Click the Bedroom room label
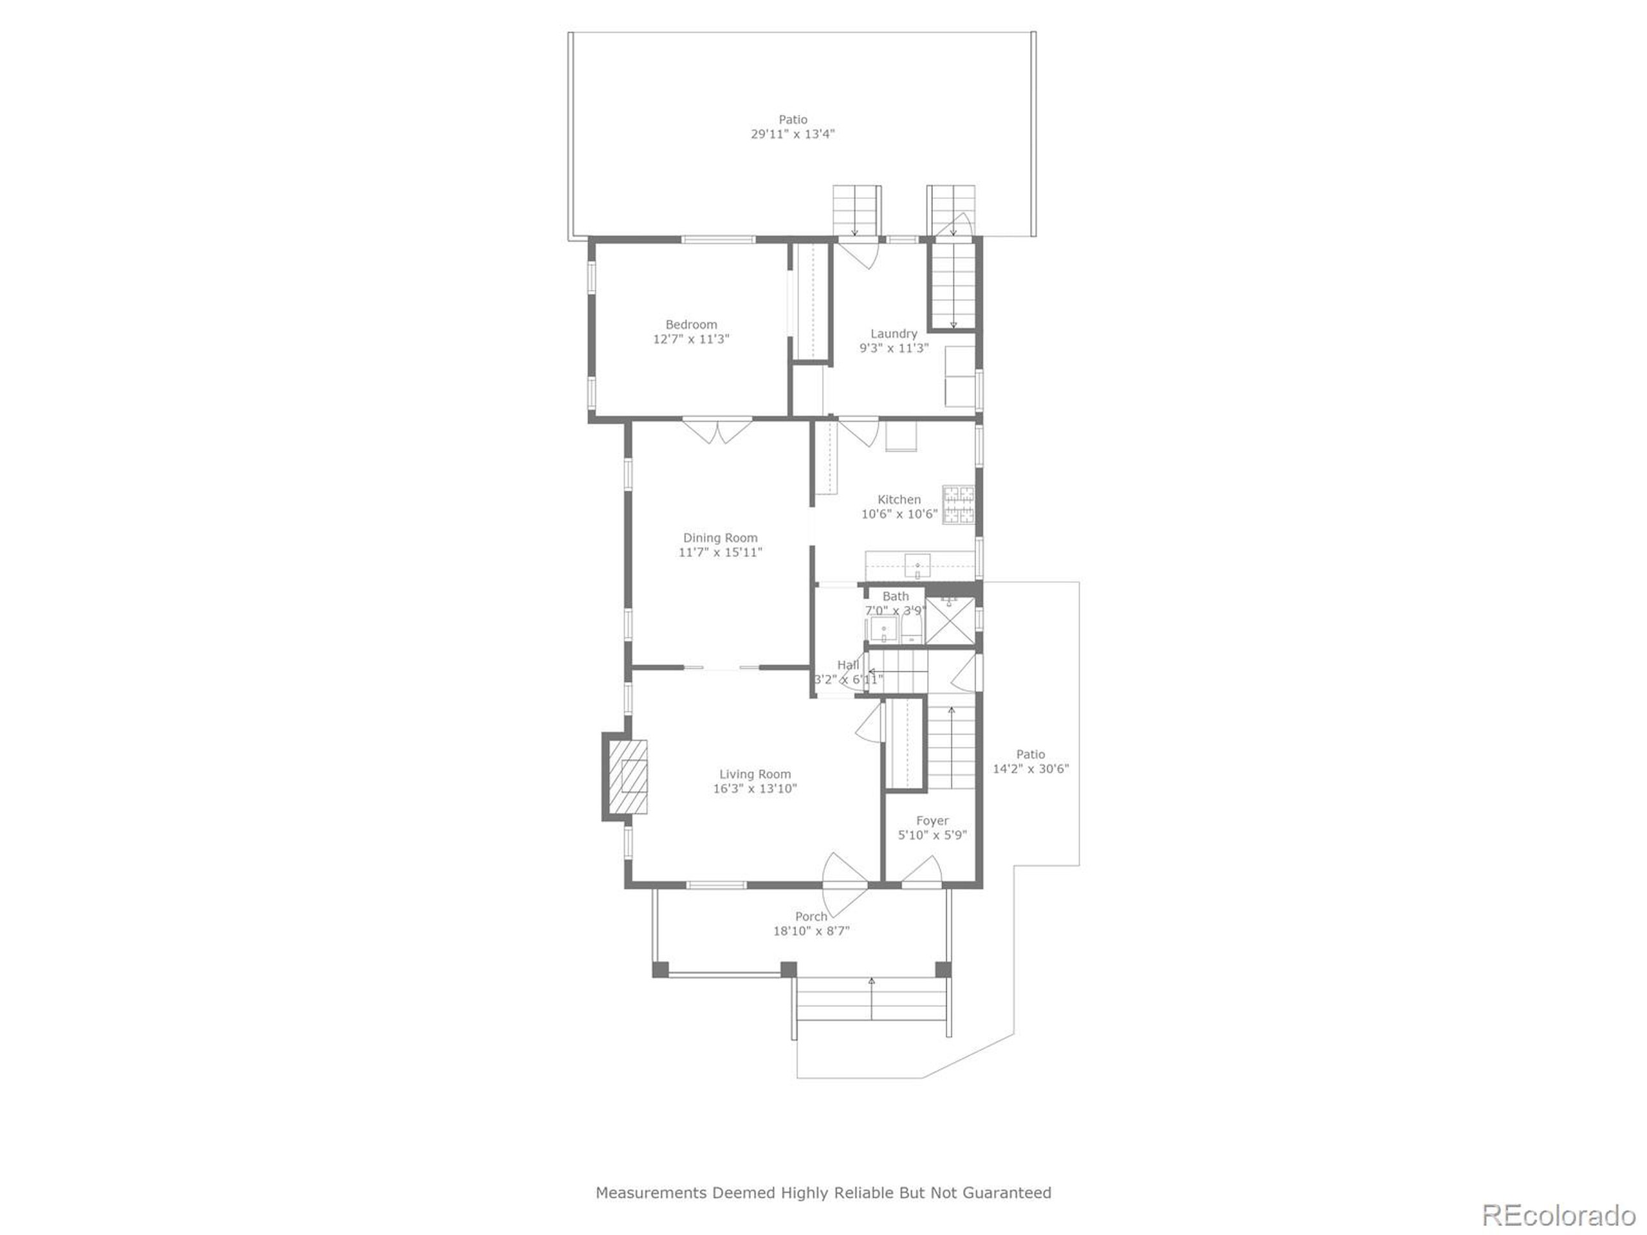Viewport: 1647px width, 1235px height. [691, 325]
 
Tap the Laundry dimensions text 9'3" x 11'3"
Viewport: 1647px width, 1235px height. [894, 347]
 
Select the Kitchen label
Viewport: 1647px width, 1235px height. [899, 500]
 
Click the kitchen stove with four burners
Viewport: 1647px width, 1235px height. [957, 505]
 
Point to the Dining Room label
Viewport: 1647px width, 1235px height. [720, 538]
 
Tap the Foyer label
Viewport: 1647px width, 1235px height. [932, 820]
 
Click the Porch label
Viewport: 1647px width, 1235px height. [811, 917]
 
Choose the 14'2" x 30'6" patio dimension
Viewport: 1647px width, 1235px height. [1031, 768]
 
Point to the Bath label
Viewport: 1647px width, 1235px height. [895, 596]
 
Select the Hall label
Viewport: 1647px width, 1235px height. [847, 664]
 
